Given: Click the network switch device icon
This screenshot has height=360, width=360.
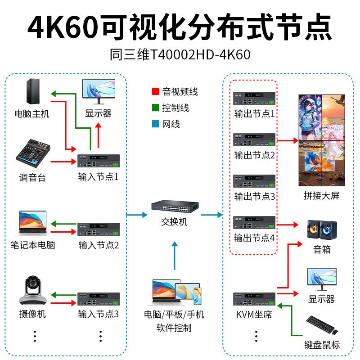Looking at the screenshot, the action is coord(175,206).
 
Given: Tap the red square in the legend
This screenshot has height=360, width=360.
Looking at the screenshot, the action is coord(156,91).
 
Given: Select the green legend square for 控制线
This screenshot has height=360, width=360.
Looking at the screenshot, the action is coord(156,108).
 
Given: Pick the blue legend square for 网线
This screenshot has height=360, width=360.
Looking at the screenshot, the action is coord(156,124).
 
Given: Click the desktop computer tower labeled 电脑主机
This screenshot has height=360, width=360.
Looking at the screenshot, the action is coord(33,91).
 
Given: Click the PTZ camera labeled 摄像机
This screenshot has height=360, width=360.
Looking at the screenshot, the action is coord(33,290).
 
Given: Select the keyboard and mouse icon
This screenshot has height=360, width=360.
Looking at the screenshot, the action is coord(322,325).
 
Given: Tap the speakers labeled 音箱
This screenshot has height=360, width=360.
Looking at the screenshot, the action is coord(322,230).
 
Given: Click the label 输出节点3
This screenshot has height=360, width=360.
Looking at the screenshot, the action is coord(255,197).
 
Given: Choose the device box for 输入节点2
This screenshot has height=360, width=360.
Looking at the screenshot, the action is coord(99,229).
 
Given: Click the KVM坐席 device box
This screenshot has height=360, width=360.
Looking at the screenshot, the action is coord(254,299).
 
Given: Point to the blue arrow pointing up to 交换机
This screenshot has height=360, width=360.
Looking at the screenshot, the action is coord(175,256).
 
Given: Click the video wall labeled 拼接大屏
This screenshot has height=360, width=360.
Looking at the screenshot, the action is coord(322,140).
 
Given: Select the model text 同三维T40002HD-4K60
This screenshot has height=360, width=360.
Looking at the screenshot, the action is coord(180,54).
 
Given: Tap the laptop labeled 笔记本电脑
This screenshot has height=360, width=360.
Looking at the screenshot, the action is coord(33,223).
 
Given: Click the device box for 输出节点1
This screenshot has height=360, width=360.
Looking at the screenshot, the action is coord(254,98).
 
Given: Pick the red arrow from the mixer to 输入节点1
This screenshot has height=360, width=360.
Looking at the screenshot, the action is coord(63,162).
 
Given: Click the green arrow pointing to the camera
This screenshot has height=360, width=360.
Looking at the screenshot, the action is coord(63,295).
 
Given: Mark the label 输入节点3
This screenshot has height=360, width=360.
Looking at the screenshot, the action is coord(99,314).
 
